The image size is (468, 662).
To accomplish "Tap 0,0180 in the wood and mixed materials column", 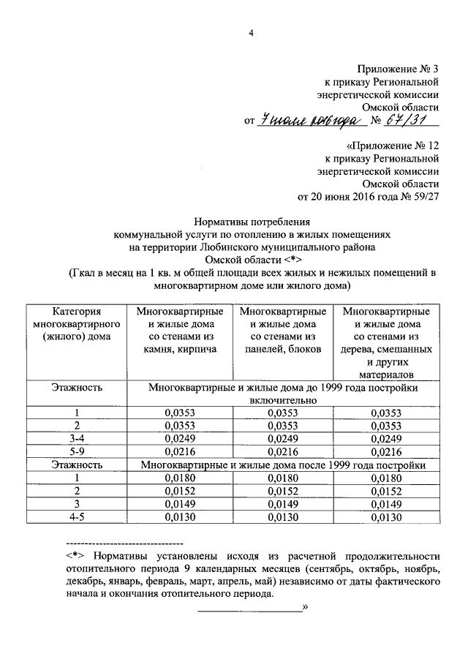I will point(386,478).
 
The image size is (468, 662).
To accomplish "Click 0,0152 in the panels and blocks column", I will point(282,492).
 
